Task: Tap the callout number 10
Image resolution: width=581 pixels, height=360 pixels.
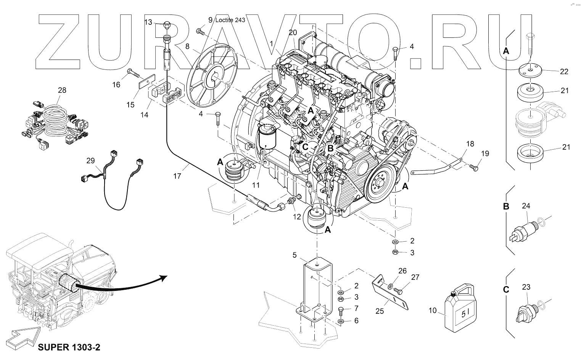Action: click(x=432, y=310)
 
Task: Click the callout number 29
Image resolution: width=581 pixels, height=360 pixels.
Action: click(x=90, y=161)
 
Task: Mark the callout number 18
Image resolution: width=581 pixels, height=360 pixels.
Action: click(x=470, y=144)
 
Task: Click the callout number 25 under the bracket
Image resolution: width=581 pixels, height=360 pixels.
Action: click(x=379, y=311)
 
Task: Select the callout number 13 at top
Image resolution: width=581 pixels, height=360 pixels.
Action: click(x=148, y=23)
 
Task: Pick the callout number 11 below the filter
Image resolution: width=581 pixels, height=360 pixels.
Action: click(x=256, y=185)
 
